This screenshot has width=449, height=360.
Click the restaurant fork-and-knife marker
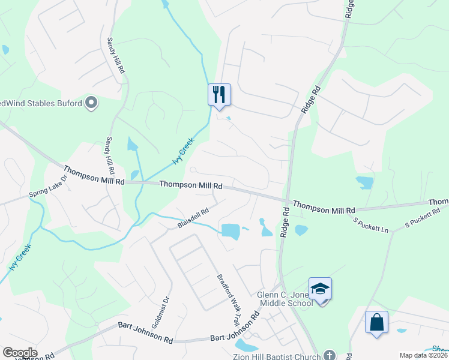[219, 94]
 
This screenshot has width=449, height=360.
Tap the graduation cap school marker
[320, 289]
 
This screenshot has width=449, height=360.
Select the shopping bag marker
[376, 322]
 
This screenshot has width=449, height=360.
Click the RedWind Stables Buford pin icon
[91, 104]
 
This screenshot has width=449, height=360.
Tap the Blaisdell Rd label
[193, 218]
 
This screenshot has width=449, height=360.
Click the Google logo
[19, 353]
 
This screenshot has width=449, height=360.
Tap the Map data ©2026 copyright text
[423, 355]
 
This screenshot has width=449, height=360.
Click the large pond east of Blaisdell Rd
[231, 230]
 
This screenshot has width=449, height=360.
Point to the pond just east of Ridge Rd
[301, 229]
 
